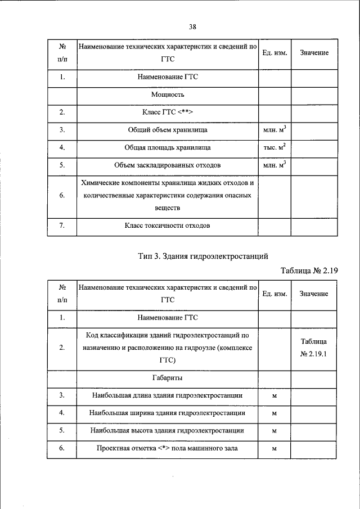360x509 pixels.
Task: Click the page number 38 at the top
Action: (192, 26)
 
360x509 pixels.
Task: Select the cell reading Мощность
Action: (168, 94)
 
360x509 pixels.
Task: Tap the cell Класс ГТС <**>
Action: (168, 112)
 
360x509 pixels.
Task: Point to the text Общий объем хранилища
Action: (168, 130)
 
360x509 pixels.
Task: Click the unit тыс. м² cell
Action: (274, 147)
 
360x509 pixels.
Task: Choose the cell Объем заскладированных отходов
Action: (168, 165)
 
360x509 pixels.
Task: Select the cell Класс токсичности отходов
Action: (168, 226)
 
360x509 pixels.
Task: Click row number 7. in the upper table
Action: (62, 226)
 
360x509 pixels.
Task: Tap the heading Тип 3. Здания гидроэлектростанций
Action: (202, 256)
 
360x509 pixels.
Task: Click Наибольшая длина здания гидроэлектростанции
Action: (168, 395)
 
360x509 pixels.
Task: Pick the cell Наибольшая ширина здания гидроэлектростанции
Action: (168, 413)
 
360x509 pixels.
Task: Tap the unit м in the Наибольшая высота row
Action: (274, 431)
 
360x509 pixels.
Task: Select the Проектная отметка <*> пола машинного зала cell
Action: (168, 449)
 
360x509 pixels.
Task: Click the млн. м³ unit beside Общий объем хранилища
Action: (274, 130)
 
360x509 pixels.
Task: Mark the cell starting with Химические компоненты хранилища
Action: (168, 195)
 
